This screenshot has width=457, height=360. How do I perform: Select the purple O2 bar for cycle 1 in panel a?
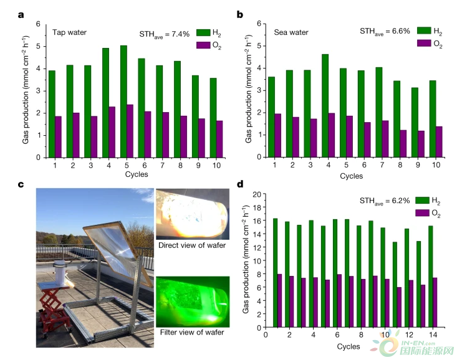point(58,137)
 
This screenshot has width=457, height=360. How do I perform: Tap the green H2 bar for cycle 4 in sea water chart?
point(325,106)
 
